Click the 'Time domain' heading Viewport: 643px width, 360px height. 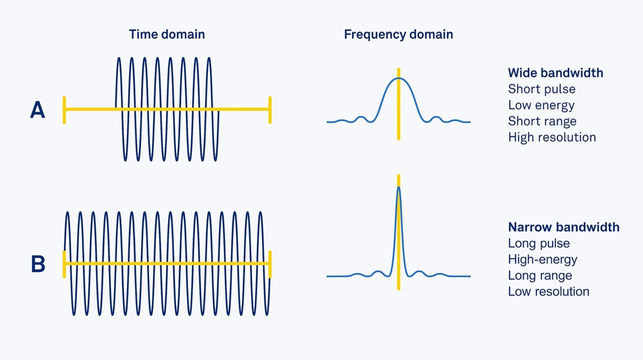coord(167,34)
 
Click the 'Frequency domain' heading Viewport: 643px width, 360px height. coord(398,34)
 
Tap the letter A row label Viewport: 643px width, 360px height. coord(38,110)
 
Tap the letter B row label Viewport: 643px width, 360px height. coord(38,264)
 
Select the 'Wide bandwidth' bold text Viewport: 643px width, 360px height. coord(555,73)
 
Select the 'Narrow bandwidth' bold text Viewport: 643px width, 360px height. coord(564,227)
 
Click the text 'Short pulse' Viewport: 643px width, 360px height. coord(542,89)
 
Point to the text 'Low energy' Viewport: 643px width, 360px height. coord(541,105)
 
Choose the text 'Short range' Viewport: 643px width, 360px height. coord(542,121)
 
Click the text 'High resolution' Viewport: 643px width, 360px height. coord(552,137)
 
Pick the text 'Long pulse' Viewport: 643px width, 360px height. coord(539,243)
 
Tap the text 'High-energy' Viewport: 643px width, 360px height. coord(543,259)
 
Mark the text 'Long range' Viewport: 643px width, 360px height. coord(540,275)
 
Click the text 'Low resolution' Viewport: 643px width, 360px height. coord(548,291)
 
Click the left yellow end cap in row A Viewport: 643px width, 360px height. coord(64,110)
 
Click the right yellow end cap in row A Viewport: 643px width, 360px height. coord(270,110)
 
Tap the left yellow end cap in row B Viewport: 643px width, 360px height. coord(64,264)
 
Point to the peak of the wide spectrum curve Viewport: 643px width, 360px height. coord(399,78)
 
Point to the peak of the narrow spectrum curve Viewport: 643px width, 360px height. coord(399,187)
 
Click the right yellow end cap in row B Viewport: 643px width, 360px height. coord(270,264)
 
